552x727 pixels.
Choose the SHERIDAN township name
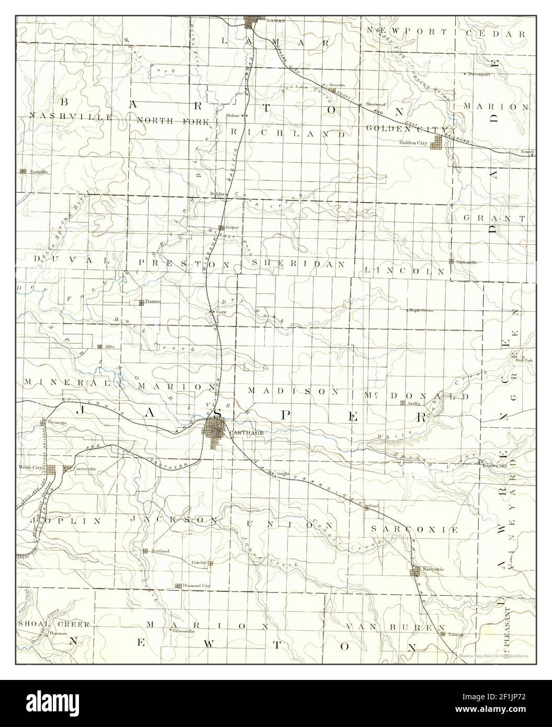298,264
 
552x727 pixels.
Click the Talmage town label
456,634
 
